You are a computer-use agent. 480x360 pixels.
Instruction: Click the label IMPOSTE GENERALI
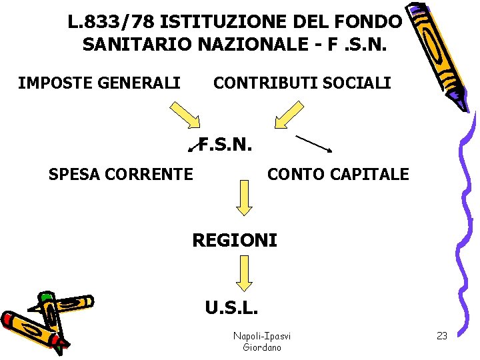99,83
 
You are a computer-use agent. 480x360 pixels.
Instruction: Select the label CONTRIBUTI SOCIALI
301,83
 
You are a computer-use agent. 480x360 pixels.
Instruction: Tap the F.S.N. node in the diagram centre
226,144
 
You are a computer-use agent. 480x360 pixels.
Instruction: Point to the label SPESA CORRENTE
121,175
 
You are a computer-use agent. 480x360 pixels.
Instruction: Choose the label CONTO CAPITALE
338,175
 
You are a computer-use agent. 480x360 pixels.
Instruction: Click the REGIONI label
234,240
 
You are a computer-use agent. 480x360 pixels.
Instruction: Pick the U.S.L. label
232,308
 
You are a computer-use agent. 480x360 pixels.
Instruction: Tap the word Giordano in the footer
262,347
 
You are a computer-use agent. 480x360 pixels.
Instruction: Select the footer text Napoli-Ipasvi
262,336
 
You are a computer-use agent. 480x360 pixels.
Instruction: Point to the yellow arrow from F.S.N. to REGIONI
245,199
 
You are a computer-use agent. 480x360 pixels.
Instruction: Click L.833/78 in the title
111,22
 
